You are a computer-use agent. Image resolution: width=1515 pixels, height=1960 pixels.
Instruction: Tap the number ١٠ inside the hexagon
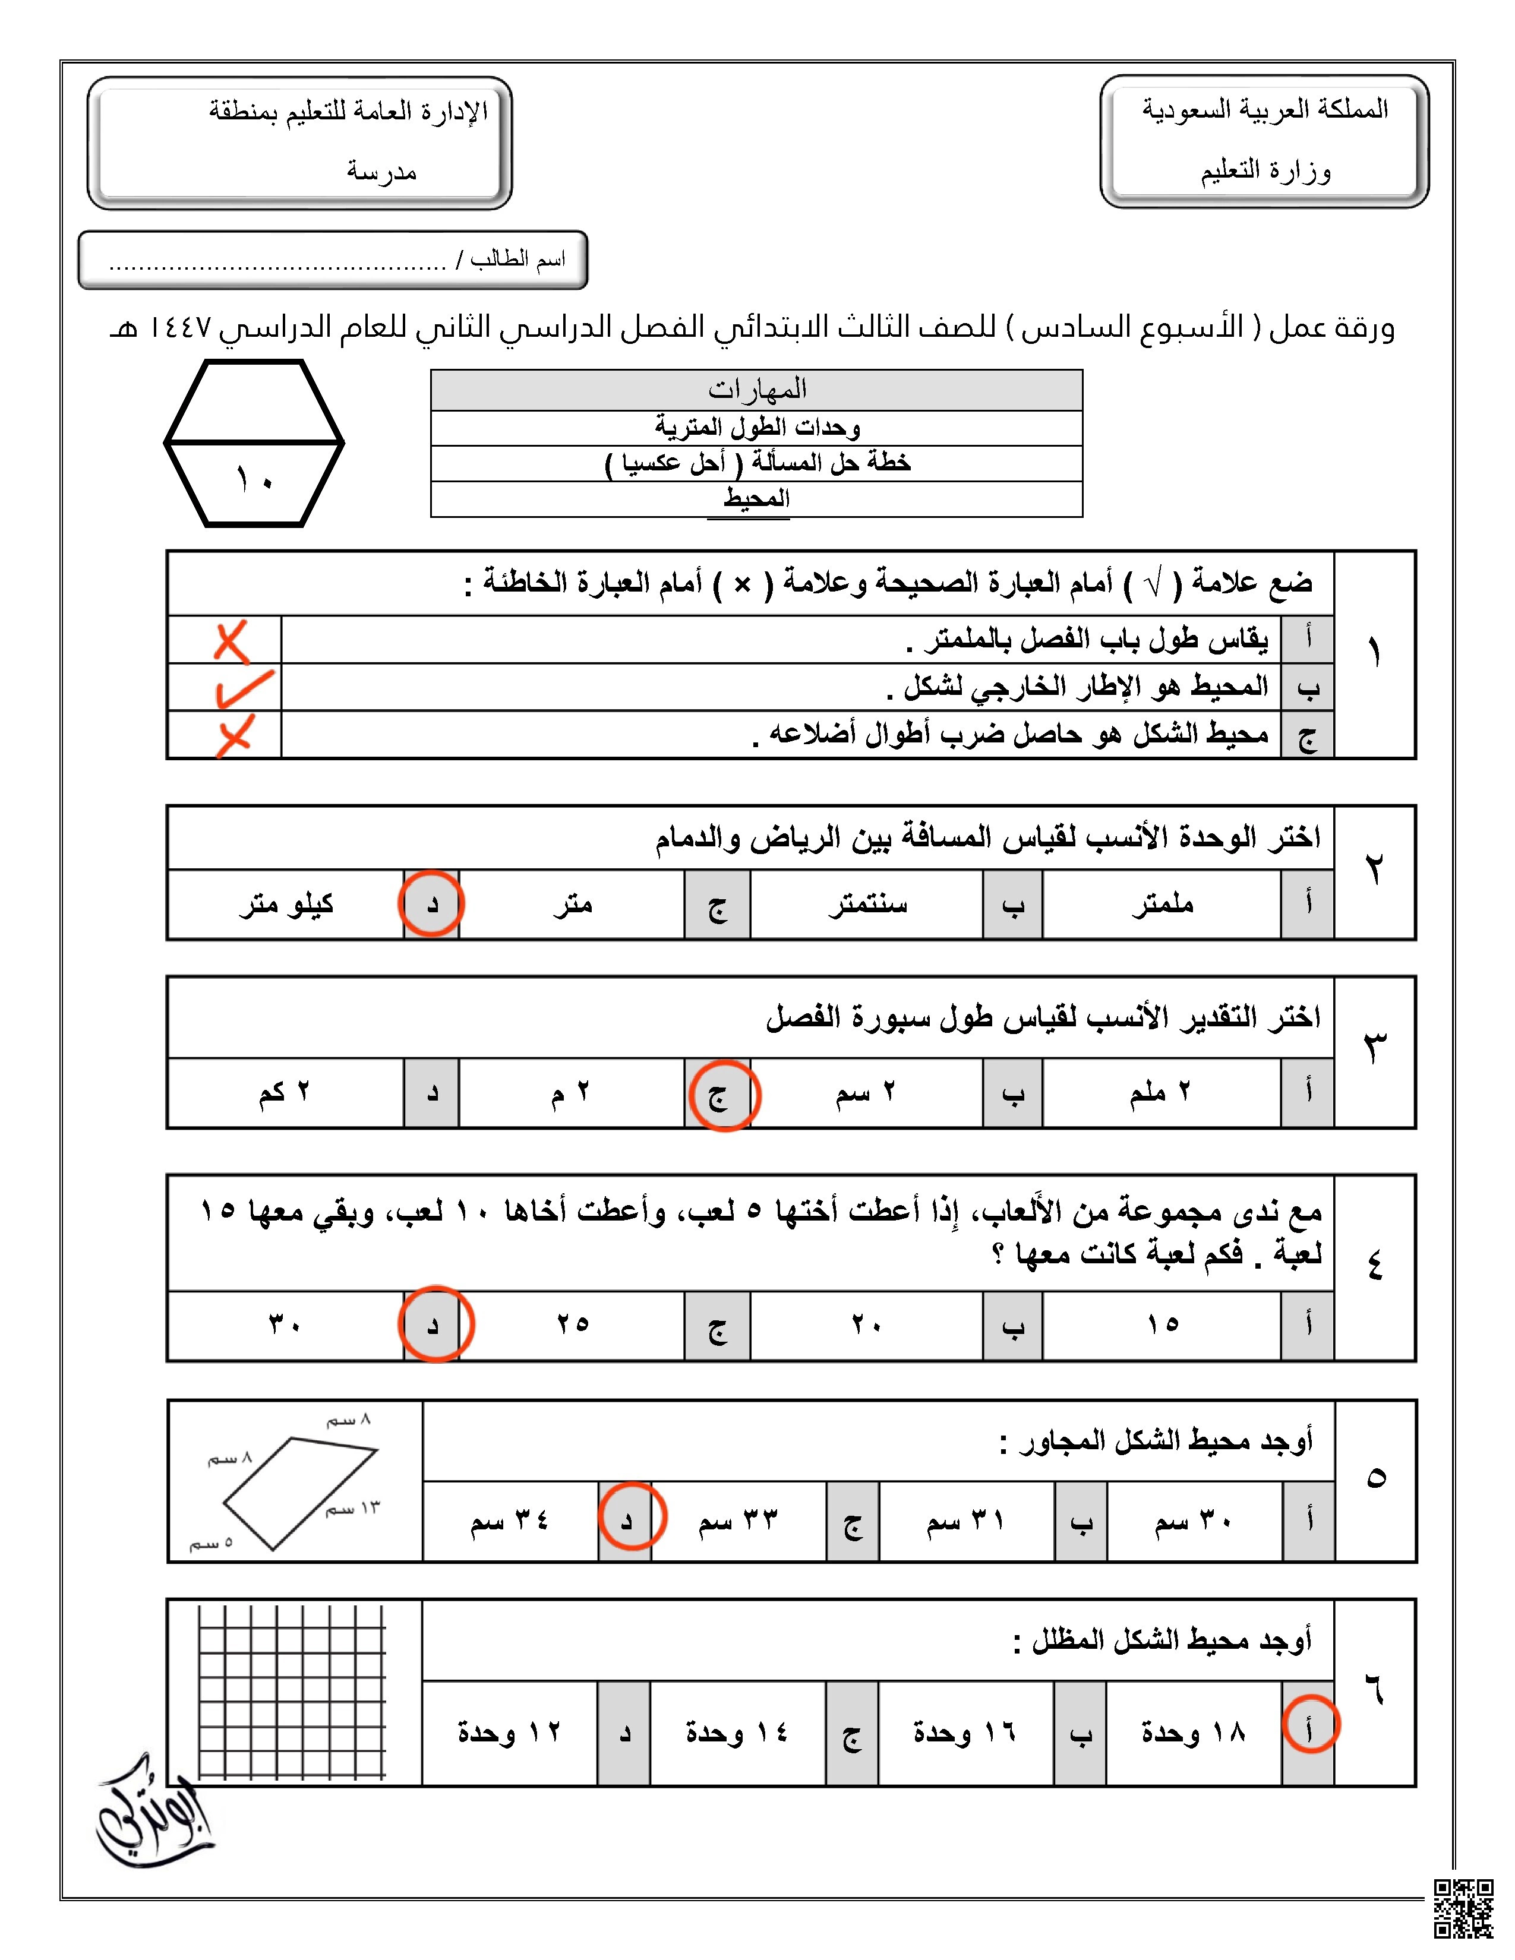pos(254,481)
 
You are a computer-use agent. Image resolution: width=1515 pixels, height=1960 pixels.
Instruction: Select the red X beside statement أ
pos(232,641)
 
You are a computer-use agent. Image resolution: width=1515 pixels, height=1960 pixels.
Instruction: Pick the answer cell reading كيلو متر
pos(286,904)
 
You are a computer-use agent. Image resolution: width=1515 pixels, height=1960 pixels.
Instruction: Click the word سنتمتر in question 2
pos(867,904)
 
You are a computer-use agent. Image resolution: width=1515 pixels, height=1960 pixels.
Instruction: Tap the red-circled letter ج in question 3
pos(722,1095)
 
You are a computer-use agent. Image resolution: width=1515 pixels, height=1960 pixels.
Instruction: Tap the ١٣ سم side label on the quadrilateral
pos(353,1509)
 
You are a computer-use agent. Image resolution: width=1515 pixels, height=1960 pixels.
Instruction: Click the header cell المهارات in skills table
pos(756,390)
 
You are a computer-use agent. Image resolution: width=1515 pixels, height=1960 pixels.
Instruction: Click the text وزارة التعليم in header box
pos(1265,170)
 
